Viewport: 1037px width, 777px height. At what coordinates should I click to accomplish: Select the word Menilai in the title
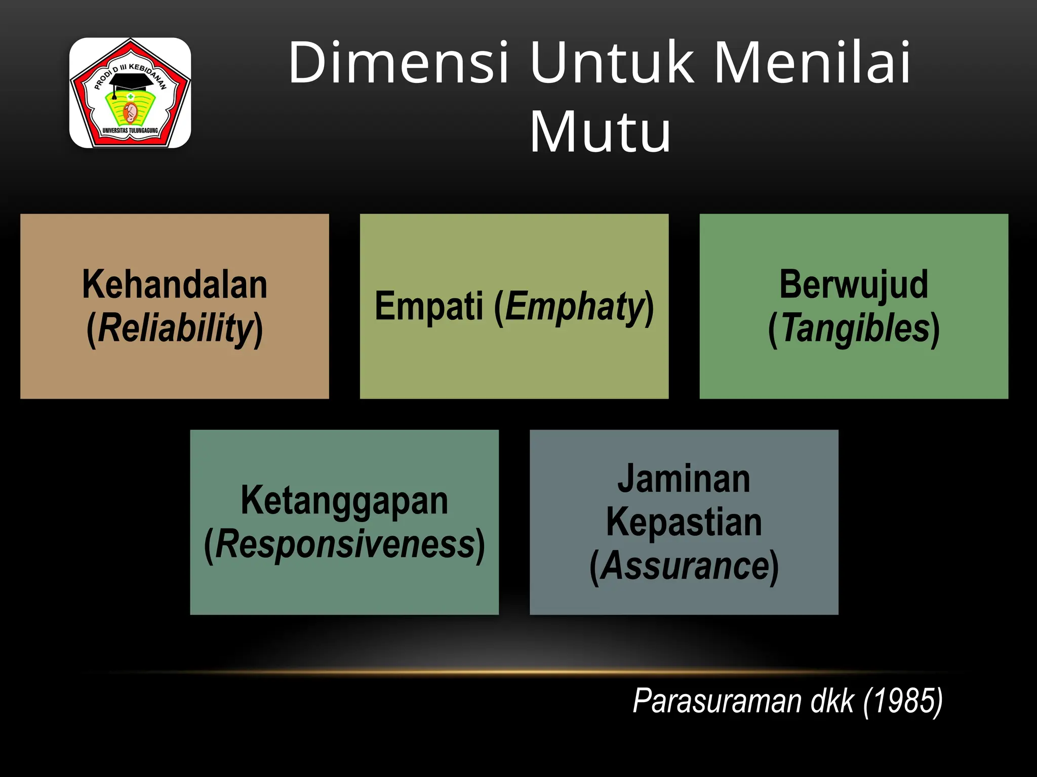(812, 63)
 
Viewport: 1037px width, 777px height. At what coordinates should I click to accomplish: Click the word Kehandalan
(175, 285)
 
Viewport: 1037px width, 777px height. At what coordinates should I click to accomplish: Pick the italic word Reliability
(175, 328)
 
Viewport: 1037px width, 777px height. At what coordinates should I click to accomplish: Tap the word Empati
(429, 306)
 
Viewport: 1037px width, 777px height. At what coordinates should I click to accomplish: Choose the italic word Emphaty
(574, 307)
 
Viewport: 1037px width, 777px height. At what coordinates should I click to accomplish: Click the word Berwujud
(854, 285)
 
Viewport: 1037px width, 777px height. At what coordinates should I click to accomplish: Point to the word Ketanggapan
(344, 501)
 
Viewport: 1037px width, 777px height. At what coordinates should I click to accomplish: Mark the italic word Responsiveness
(345, 544)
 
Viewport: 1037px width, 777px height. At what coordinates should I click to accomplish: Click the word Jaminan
(684, 479)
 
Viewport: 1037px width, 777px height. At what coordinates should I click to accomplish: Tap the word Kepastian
(684, 522)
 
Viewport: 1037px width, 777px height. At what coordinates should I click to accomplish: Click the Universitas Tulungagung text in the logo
(130, 131)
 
